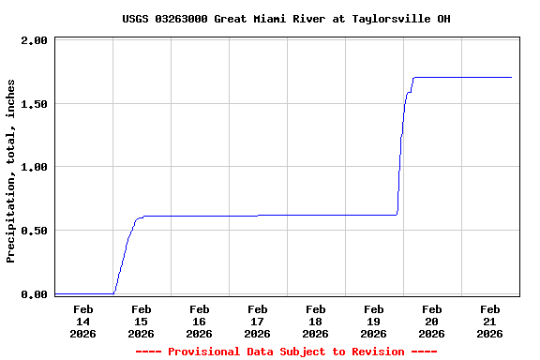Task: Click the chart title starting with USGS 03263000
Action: (x=279, y=19)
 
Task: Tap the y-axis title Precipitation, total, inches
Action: (x=11, y=171)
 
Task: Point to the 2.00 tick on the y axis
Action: (x=34, y=41)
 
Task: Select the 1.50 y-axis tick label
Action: (x=34, y=104)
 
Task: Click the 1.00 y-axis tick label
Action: (x=34, y=168)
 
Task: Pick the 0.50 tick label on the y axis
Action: (x=34, y=231)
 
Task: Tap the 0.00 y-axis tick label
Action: (x=34, y=294)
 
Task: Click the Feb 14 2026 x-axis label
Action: (x=82, y=321)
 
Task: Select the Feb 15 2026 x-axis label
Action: (x=141, y=321)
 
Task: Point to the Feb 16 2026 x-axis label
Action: (x=199, y=321)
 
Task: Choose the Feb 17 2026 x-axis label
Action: (x=257, y=321)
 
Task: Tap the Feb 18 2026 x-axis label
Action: (x=315, y=321)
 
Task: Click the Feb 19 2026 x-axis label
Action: (x=373, y=321)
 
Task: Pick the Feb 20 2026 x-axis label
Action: (x=431, y=321)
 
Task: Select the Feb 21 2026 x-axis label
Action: (x=489, y=321)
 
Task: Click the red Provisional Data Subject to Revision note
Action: (x=286, y=352)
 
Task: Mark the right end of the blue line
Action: (x=511, y=77)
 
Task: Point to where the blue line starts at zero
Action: (x=57, y=293)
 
